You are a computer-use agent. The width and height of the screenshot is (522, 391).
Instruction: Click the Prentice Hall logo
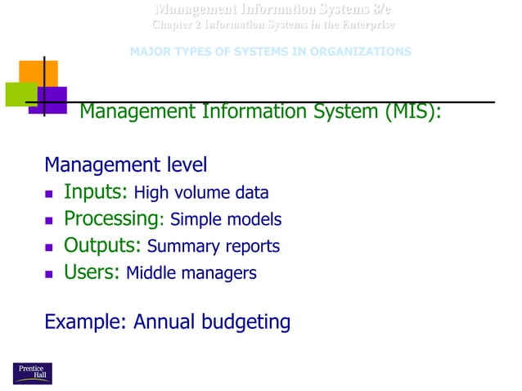coord(32,372)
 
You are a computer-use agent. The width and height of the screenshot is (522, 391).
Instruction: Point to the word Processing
coord(110,219)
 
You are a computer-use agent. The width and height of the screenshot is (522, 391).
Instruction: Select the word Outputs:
coord(103,245)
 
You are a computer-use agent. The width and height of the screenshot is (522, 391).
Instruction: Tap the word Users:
coord(92,272)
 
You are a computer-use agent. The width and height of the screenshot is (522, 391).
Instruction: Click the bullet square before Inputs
coord(50,195)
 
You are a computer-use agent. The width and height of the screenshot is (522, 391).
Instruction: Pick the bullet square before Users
coord(50,274)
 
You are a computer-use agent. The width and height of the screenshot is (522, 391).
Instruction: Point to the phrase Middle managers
coord(191,273)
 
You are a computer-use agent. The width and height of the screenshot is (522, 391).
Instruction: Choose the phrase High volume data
coord(201,194)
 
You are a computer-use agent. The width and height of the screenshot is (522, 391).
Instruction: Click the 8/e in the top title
coord(378,10)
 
